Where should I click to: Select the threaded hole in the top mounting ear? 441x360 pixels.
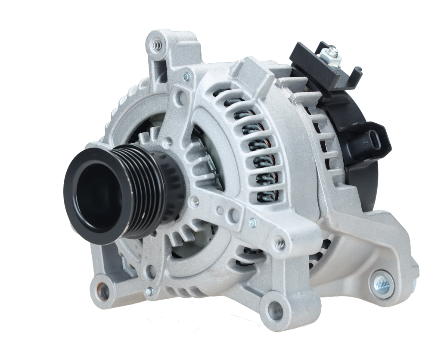pos(158,43)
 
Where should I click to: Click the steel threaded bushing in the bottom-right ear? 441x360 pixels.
pos(382,283)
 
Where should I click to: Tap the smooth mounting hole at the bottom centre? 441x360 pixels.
pos(274,310)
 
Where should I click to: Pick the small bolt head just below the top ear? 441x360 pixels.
pos(186,77)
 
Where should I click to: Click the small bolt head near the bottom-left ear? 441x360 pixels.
pos(149,292)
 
